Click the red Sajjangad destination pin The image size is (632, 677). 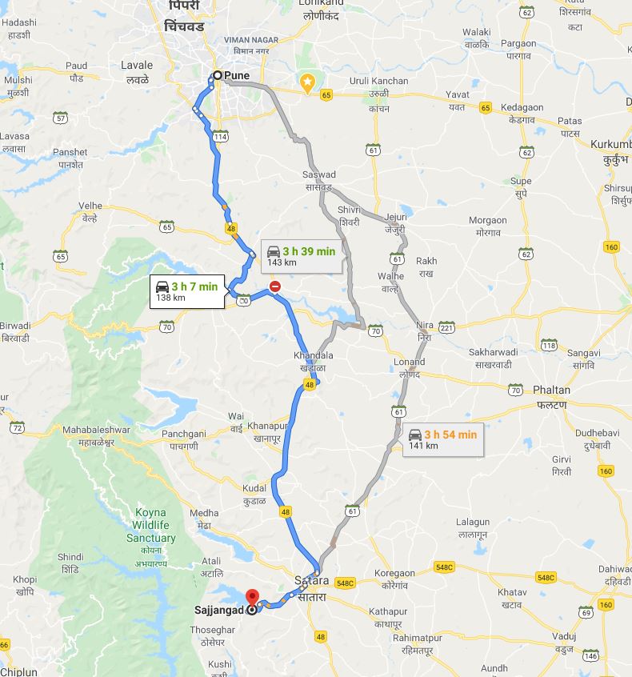click(252, 598)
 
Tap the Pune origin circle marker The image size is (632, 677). click(217, 76)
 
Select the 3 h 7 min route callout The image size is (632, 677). click(186, 292)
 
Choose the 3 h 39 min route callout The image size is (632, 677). click(302, 256)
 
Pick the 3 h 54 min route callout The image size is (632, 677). click(442, 439)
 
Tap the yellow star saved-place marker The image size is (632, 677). click(306, 82)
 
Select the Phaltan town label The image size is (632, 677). click(551, 391)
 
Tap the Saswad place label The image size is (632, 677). click(319, 174)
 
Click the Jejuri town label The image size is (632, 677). click(395, 217)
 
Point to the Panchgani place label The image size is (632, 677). click(183, 433)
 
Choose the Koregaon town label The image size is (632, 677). click(394, 573)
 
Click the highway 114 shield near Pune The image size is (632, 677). click(221, 138)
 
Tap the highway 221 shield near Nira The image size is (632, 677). click(446, 327)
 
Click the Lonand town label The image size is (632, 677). click(410, 362)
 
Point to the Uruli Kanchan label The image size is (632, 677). click(378, 82)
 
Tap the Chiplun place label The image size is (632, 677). click(19, 671)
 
